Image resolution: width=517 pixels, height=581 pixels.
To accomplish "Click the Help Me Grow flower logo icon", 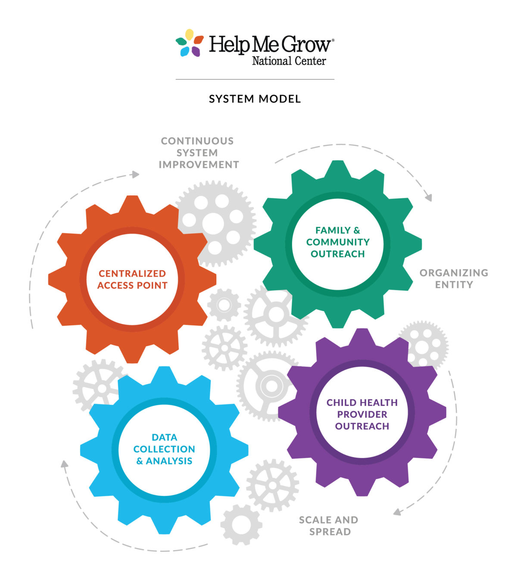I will [x=190, y=43].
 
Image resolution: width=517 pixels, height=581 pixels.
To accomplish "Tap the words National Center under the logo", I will [x=289, y=61].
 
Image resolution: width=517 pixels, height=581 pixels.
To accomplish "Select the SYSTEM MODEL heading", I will [x=255, y=99].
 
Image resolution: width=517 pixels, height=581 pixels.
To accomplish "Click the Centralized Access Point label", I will [x=132, y=279].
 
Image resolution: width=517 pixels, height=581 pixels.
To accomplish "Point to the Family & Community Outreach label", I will [x=338, y=242].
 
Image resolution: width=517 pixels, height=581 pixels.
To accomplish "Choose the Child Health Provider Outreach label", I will [x=362, y=414].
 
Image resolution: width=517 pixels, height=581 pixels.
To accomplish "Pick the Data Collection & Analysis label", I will [x=164, y=449].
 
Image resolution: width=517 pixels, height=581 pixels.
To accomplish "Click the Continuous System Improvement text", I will [x=198, y=153].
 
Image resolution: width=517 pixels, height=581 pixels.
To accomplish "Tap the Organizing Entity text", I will [x=454, y=278].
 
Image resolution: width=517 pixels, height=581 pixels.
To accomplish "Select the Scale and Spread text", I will [x=329, y=525].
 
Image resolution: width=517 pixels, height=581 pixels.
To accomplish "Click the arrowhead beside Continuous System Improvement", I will [x=136, y=174].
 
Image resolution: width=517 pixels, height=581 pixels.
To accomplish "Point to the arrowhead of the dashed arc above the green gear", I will [x=428, y=198].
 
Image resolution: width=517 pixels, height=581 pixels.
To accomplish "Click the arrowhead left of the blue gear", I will [x=65, y=464].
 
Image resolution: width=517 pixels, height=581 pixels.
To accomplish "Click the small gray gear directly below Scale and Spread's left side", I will [x=241, y=524].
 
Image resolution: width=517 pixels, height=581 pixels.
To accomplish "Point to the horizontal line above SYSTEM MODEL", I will [x=255, y=79].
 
